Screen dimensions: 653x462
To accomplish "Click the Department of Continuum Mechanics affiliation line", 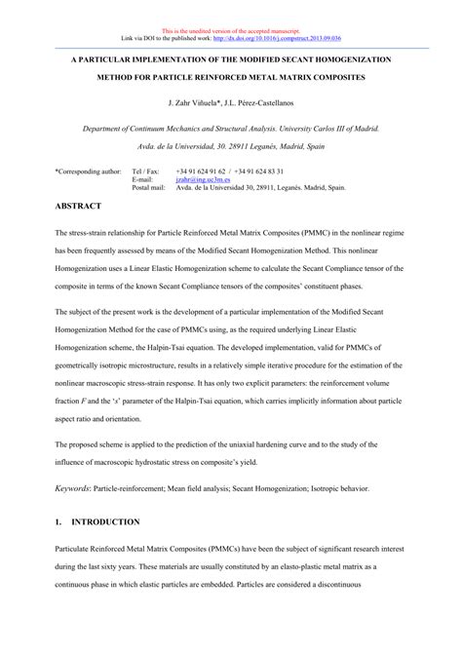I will click(x=231, y=128).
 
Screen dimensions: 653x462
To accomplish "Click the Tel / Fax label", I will click(x=145, y=170).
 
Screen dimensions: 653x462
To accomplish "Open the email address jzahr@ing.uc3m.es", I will click(x=203, y=178).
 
